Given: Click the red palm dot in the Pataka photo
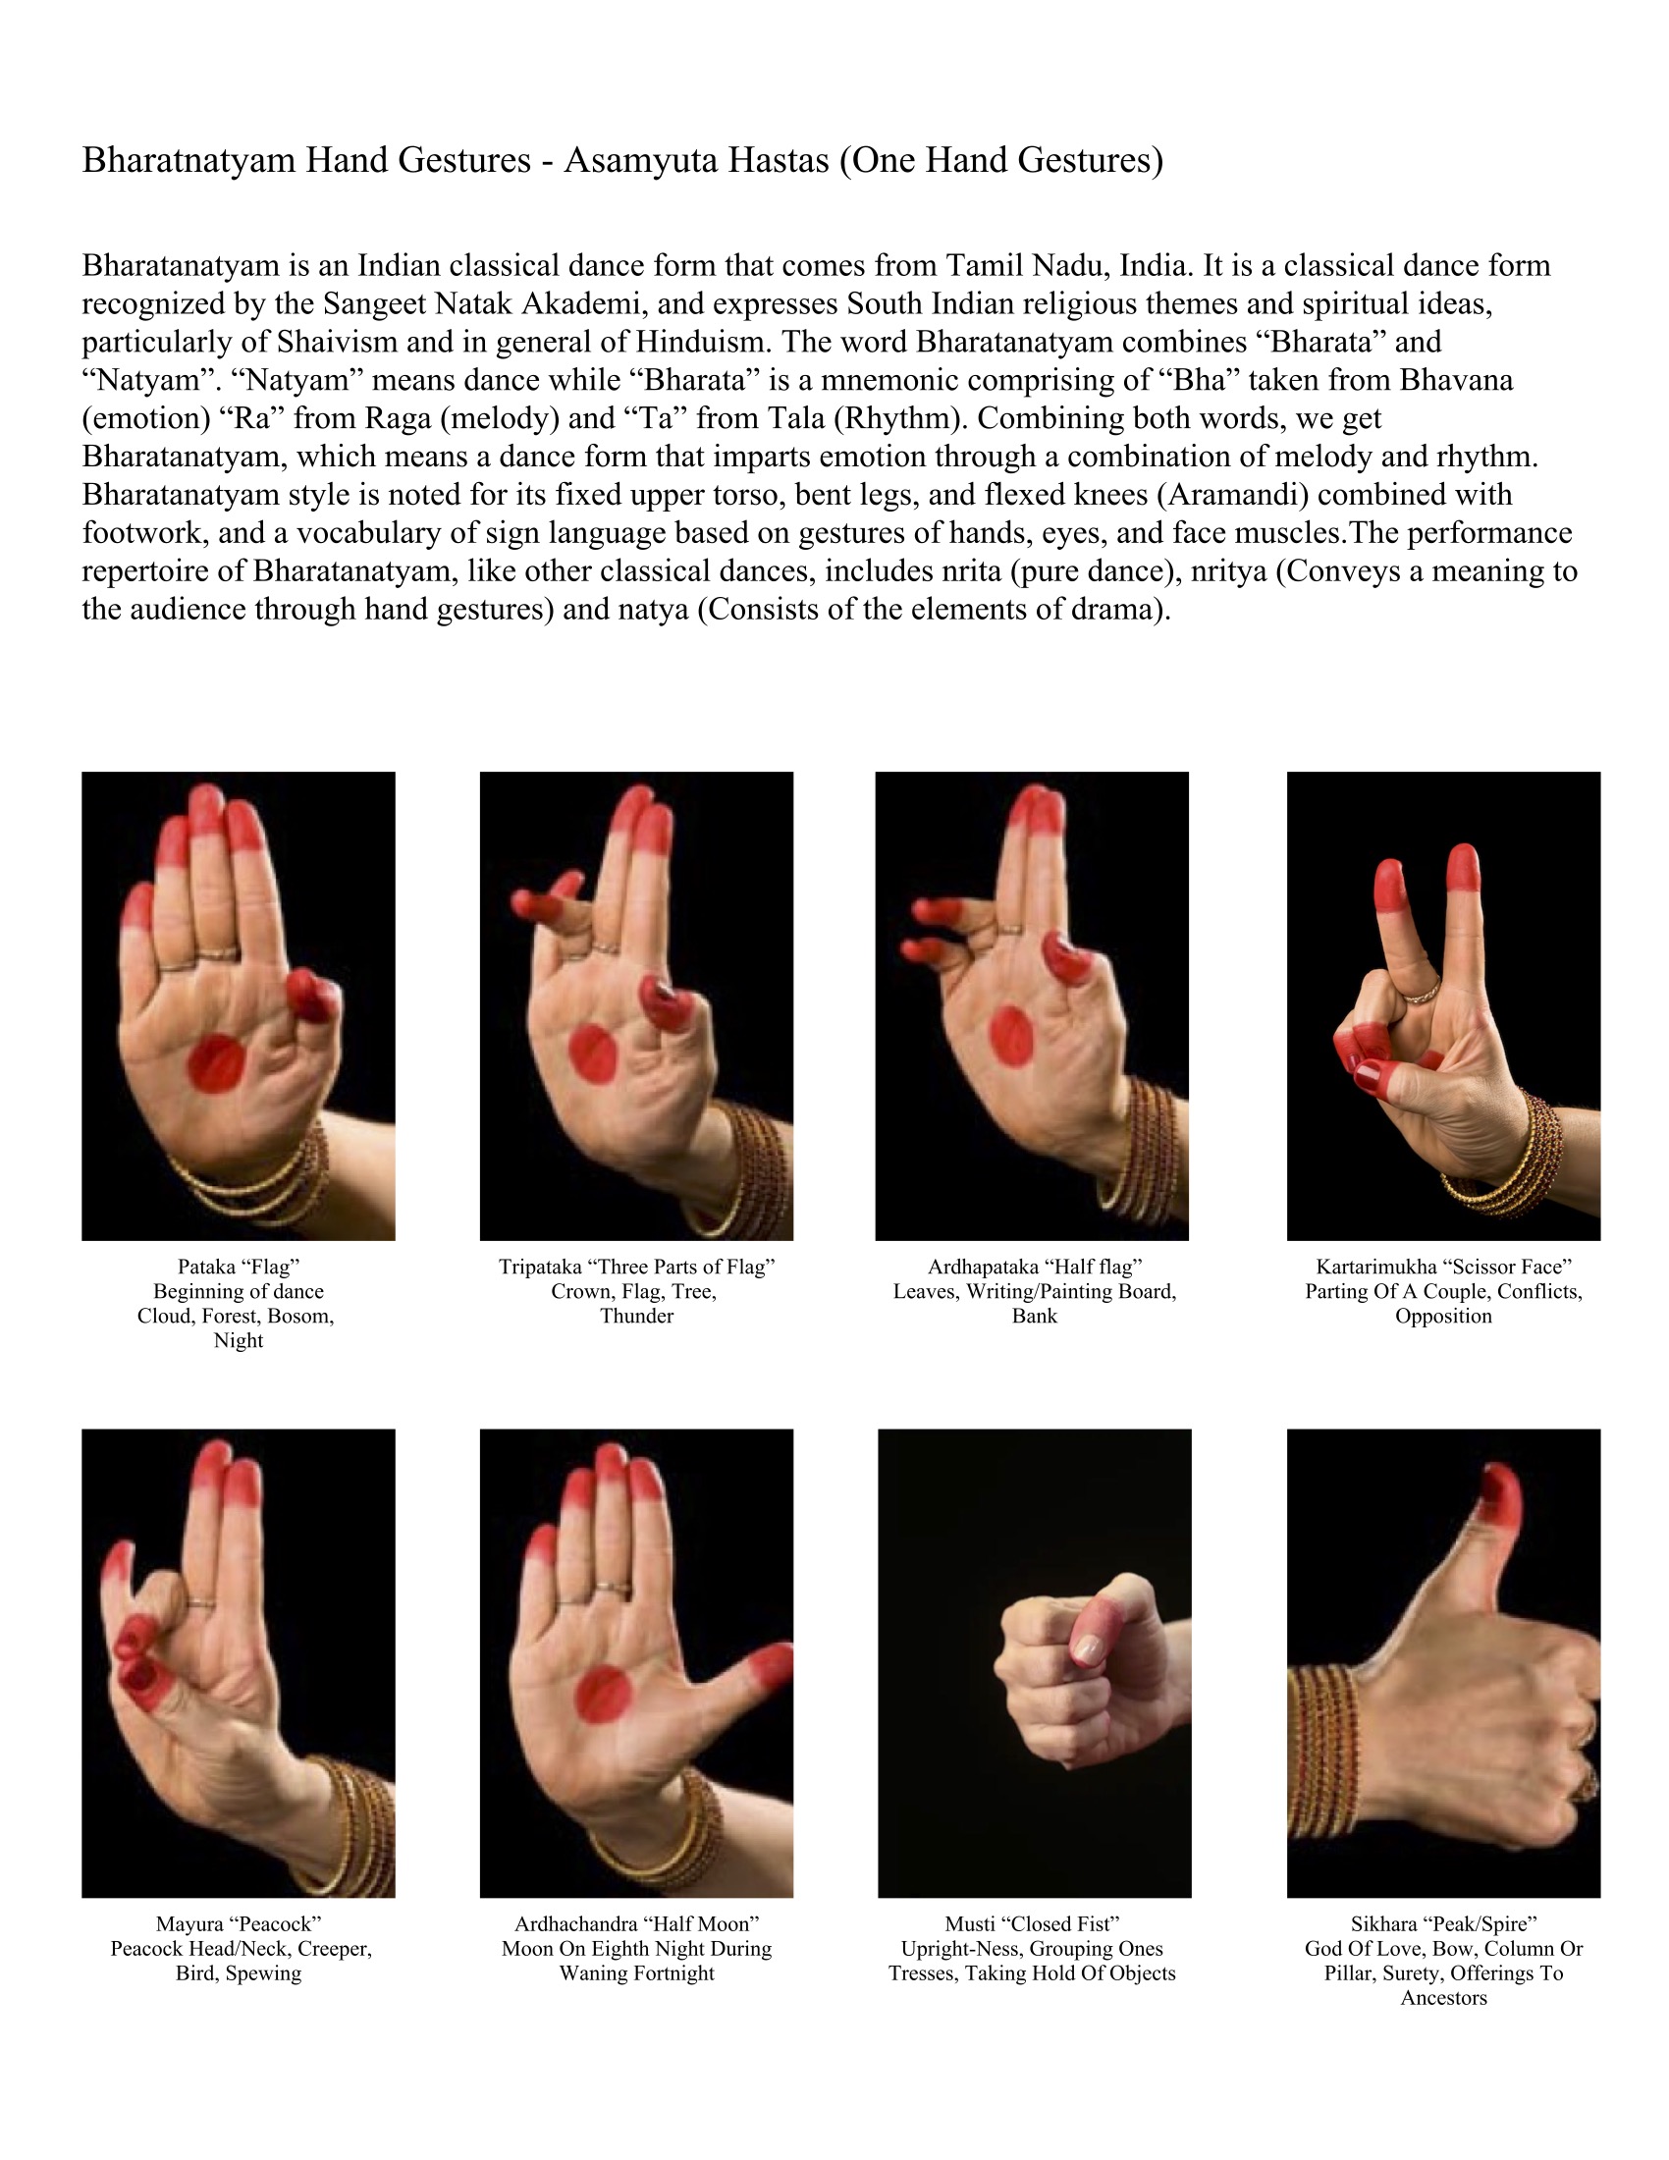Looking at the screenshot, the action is coord(218,1063).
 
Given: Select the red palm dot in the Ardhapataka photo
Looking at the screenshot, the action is coord(1011,1037).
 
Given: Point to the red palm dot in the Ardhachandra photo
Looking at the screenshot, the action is coord(603,1697).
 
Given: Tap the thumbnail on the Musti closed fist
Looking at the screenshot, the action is coord(1089,1647).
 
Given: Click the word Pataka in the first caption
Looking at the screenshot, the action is coord(204,1267).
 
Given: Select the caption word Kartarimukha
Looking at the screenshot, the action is coord(1375,1267).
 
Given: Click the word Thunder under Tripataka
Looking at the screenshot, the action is coord(637,1317).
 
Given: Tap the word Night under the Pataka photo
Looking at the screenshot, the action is coord(239,1341).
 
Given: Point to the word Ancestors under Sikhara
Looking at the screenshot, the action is coord(1443,1998).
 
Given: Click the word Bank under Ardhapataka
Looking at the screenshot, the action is coord(1034,1317).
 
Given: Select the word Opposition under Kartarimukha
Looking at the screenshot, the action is coord(1443,1317).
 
